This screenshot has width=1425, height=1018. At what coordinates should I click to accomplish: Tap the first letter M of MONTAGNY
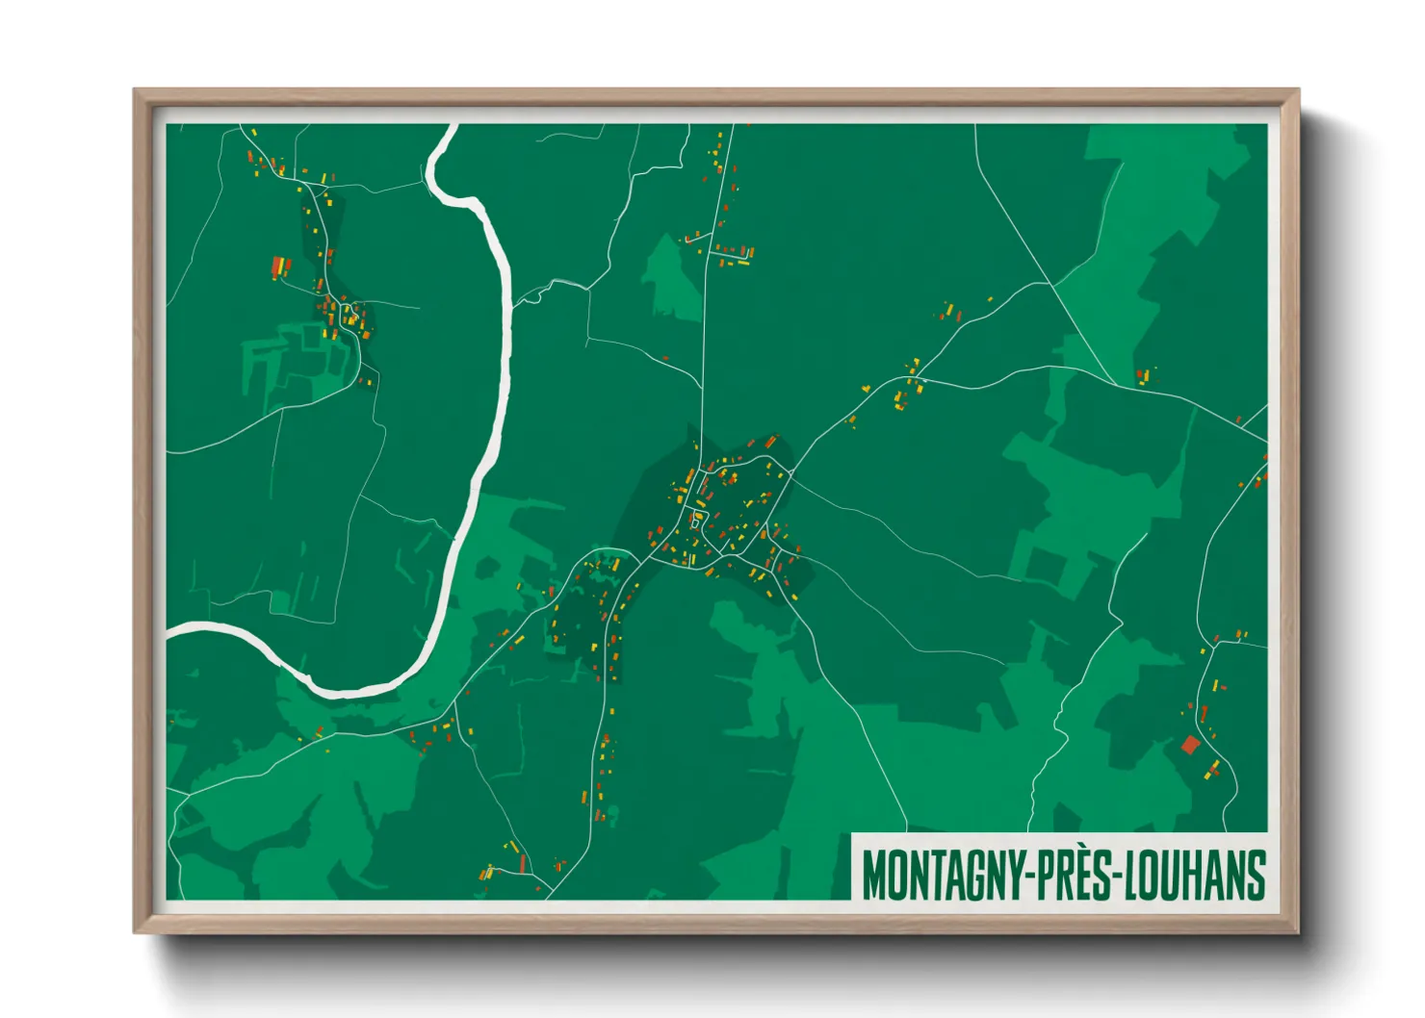pos(872,875)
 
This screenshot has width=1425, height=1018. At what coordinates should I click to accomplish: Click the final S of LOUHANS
pos(1256,875)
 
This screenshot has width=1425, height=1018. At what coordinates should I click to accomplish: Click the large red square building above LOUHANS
pos(1191,744)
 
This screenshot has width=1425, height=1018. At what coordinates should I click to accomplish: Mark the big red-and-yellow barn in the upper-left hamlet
pos(279,266)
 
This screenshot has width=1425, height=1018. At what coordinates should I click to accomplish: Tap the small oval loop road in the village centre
pos(697,521)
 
